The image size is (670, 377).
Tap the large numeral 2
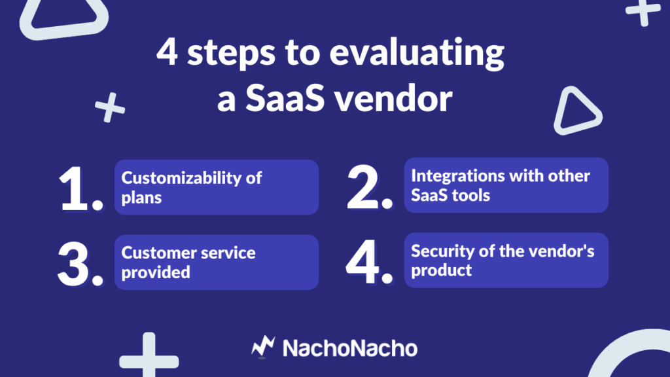click(x=363, y=187)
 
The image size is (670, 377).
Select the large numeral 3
click(x=73, y=264)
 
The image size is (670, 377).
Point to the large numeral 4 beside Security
click(x=362, y=262)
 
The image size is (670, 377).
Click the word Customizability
click(x=181, y=178)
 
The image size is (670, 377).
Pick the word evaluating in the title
click(x=417, y=54)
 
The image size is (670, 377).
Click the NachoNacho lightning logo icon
click(x=263, y=347)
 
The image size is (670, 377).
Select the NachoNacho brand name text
click(x=350, y=348)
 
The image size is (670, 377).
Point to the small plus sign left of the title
click(x=110, y=107)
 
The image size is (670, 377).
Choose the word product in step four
click(x=442, y=270)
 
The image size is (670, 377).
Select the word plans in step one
click(x=141, y=198)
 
